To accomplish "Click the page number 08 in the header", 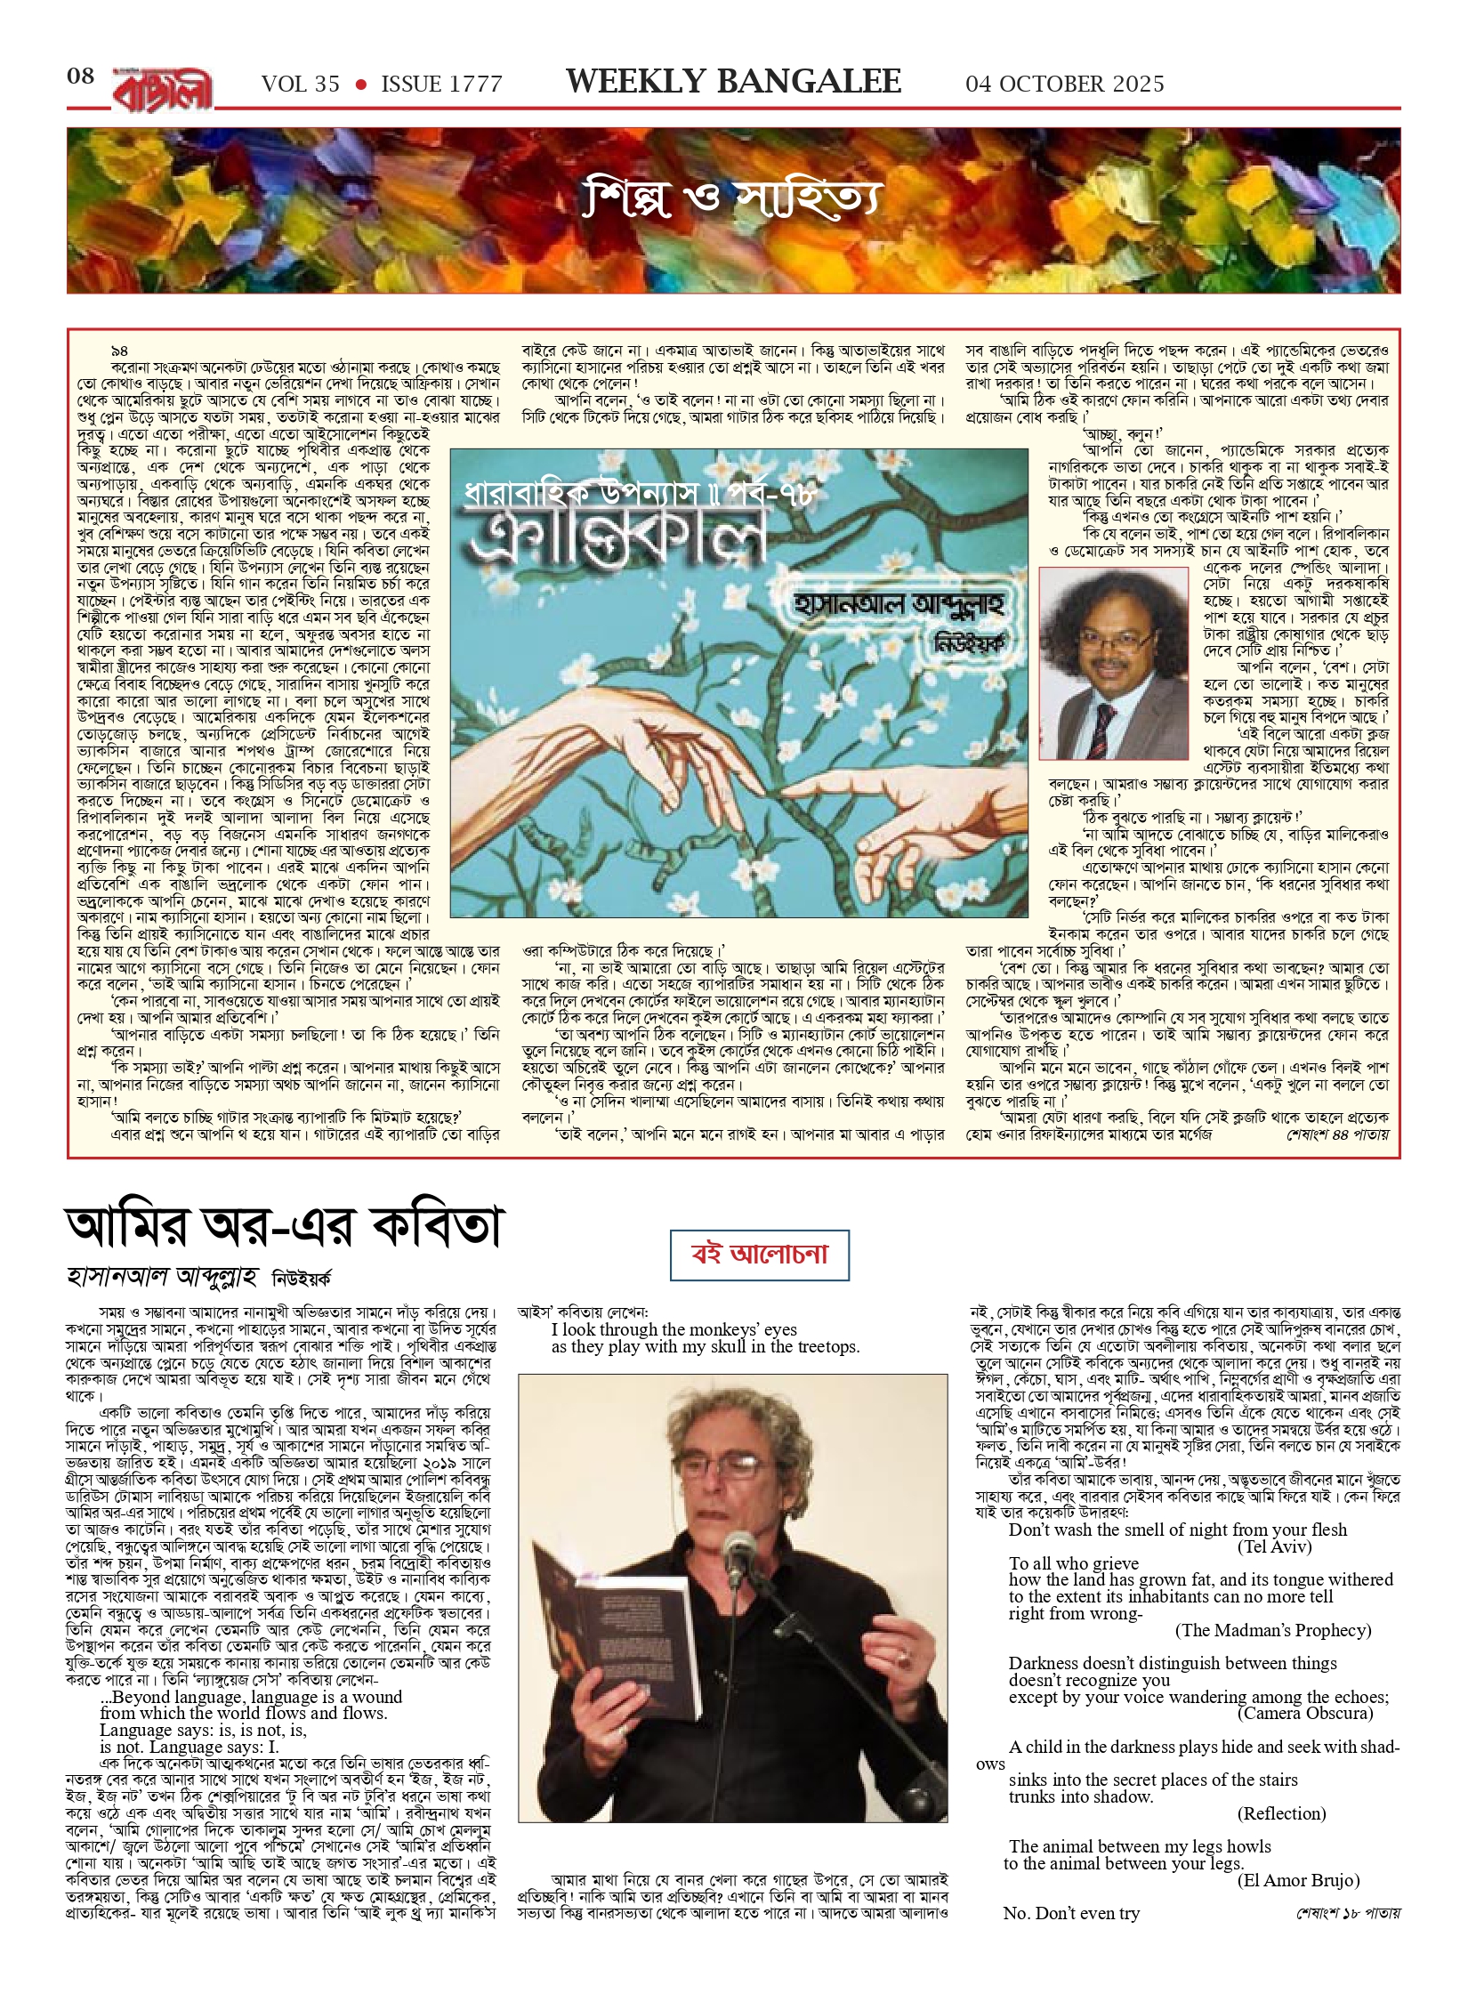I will (80, 77).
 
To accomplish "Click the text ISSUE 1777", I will (441, 85).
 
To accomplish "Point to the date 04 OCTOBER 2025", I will (1064, 85).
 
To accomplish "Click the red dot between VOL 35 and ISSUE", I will (360, 85).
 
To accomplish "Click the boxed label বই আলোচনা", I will (759, 1255).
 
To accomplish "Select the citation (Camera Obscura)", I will (1304, 1713).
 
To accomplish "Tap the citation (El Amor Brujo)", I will (1297, 1880).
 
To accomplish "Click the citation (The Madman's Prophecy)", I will (1272, 1630).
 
